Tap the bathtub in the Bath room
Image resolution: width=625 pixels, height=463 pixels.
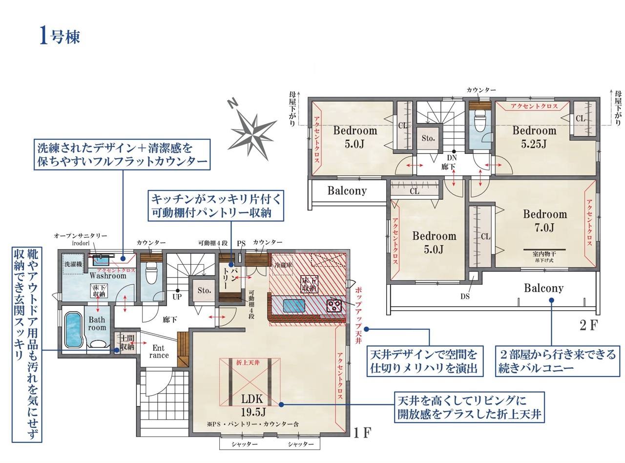click(x=74, y=330)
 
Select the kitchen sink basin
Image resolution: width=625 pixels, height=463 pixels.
click(x=293, y=306)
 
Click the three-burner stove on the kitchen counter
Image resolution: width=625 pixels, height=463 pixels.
click(x=334, y=306)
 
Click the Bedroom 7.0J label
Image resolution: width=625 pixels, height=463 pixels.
click(x=545, y=221)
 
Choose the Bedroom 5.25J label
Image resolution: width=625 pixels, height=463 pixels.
click(x=534, y=137)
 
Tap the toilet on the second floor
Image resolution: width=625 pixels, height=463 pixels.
click(x=480, y=121)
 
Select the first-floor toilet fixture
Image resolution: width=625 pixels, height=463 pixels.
click(x=151, y=273)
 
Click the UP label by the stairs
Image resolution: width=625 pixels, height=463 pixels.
click(x=177, y=296)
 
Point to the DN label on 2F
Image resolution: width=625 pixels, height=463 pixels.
click(x=452, y=158)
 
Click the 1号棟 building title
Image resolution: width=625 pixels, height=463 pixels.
click(x=60, y=36)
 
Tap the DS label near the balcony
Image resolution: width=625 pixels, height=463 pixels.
click(x=465, y=296)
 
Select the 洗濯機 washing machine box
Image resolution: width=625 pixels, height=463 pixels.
click(x=73, y=264)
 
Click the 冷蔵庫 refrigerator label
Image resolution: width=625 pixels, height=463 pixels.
click(x=284, y=265)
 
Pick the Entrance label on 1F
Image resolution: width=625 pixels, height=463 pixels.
click(x=159, y=351)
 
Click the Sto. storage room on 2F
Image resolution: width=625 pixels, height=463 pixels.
click(x=428, y=138)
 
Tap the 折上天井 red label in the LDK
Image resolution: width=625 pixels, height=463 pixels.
click(x=248, y=362)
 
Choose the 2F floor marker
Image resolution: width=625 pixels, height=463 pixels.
click(x=588, y=325)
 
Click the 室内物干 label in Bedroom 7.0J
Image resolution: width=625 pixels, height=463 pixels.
click(x=544, y=254)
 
